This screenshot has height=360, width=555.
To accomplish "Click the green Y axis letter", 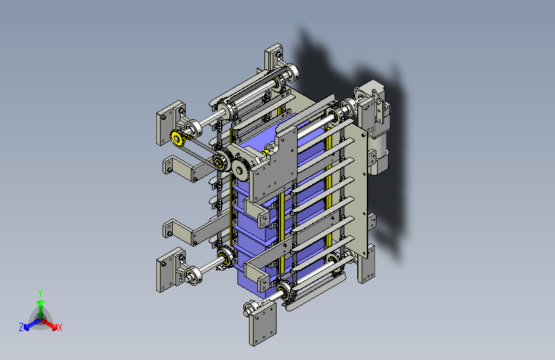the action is (x=40, y=293).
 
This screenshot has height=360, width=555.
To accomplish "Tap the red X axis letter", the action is (x=60, y=327).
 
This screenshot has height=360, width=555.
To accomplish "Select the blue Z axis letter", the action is (x=21, y=327).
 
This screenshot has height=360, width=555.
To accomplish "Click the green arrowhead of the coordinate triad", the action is (x=41, y=302).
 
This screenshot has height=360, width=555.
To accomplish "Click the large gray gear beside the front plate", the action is (x=240, y=170).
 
